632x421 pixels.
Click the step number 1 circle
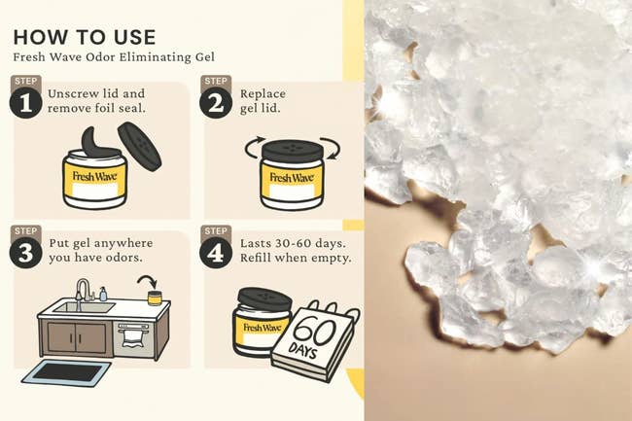point(25,103)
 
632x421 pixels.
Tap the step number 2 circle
point(216,103)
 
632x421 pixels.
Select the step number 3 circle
point(25,253)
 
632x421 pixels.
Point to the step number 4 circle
point(216,253)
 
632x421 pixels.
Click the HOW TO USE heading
point(85,37)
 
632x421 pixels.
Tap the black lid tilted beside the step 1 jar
point(139,146)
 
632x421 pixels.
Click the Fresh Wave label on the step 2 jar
point(292,177)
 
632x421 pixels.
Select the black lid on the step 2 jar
point(293,151)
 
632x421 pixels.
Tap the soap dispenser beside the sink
point(103,294)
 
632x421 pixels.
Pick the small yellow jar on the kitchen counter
point(155,298)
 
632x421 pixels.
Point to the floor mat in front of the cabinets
point(66,372)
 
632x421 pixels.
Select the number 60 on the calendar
point(315,332)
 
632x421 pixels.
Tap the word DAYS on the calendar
point(303,351)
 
